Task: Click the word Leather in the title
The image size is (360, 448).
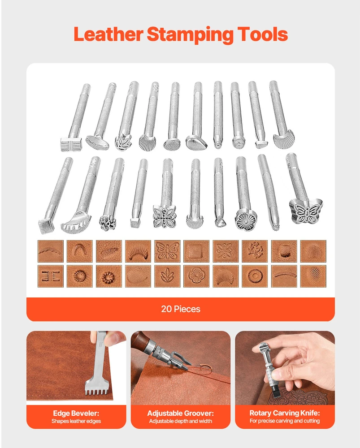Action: coord(108,34)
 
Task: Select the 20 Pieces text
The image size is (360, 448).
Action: coord(180,309)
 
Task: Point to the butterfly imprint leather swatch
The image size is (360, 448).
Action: coord(167,251)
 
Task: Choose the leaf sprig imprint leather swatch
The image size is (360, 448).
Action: coord(167,276)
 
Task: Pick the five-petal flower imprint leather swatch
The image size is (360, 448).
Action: coord(196,276)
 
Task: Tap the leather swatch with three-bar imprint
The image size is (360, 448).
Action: coord(51,276)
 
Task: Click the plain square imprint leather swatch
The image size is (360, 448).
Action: coord(196,251)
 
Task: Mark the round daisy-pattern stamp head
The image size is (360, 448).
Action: coord(246,220)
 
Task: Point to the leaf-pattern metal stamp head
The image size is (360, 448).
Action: coord(123,142)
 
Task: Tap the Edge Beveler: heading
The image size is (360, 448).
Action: coord(76,413)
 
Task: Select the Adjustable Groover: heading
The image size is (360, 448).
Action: coord(180,413)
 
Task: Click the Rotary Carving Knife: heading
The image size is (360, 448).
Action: coord(285,413)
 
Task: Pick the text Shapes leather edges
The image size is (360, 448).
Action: coord(76,421)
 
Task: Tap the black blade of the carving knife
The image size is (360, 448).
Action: coord(276,392)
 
